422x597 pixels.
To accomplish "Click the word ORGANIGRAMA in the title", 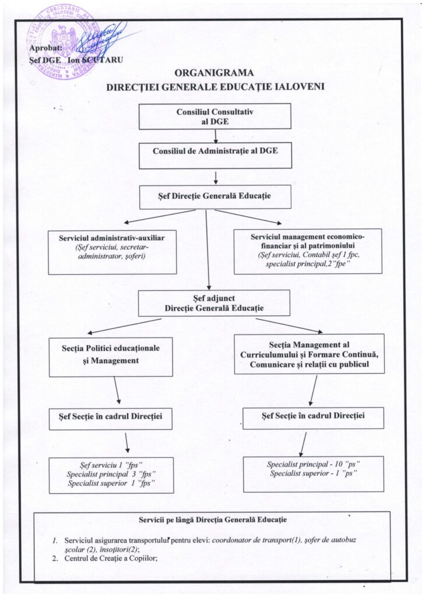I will click(x=214, y=73).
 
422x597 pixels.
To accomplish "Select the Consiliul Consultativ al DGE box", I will click(x=214, y=116).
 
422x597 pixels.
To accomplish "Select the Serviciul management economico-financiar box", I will click(x=307, y=251).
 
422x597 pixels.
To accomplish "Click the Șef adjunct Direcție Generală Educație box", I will click(x=214, y=303).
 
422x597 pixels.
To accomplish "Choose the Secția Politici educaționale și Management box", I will click(x=111, y=356).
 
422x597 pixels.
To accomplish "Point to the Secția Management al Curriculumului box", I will click(x=308, y=353).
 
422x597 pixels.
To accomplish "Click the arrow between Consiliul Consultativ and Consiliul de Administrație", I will click(x=216, y=136).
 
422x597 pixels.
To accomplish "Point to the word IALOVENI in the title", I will click(x=296, y=87).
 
